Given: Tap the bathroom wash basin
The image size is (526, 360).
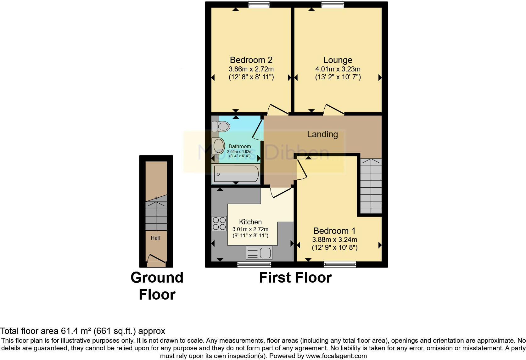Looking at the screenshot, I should coord(218,146).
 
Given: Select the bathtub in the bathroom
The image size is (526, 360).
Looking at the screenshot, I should coord(236,174).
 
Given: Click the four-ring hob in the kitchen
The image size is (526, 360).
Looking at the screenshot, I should coord(219,223).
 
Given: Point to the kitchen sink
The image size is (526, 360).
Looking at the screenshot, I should coord(259,253).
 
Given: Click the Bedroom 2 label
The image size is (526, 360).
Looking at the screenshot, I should coord(251,60).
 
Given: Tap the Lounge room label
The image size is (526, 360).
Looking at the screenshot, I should coord(338,60).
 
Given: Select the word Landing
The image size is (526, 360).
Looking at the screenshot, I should coord(322,134).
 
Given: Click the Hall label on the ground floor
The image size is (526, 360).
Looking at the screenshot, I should coord(155,238).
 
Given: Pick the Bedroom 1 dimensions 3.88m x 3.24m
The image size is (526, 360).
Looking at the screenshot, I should coord(334,239).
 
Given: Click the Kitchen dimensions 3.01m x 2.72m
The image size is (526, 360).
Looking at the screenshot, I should coord(250,229).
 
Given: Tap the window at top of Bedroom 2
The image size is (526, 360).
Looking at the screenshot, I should coord(259,4).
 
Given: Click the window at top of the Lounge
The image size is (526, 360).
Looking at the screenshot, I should coord(333,4).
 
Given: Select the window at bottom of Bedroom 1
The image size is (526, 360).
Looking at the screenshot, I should coord(340,264).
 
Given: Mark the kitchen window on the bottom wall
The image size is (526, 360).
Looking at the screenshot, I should coord(254,265).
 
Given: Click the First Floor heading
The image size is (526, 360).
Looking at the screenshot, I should coord(295,278).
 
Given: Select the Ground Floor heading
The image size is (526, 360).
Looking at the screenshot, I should coord(157,286).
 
